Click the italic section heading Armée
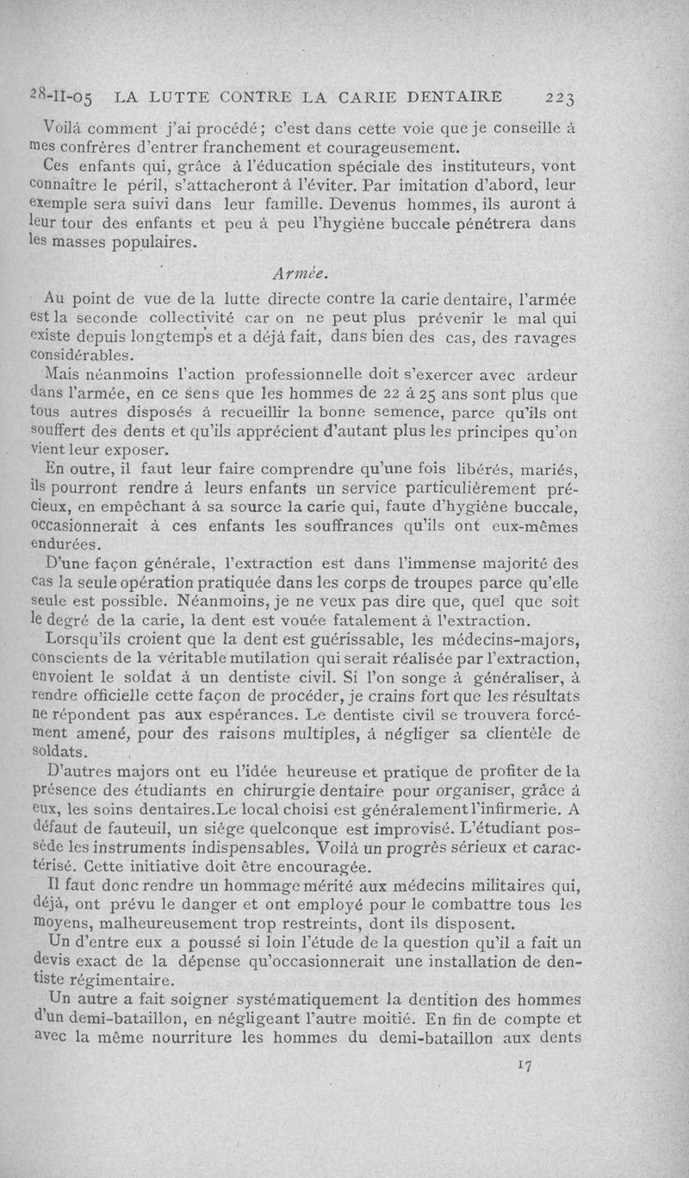299,274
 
